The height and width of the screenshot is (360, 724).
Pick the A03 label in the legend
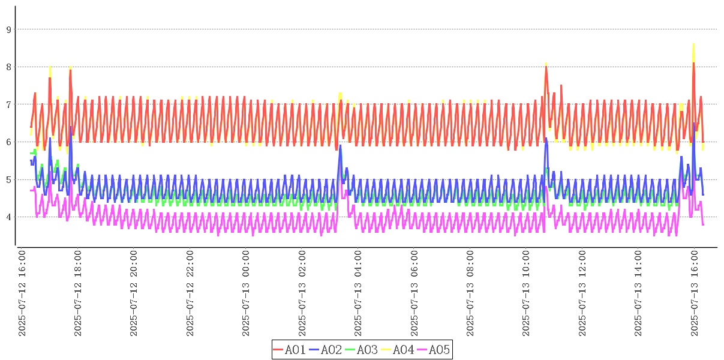(362, 349)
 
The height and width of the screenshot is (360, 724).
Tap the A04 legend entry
(398, 349)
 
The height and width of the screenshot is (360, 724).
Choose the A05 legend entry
(434, 349)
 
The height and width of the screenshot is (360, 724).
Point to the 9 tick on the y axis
(8, 29)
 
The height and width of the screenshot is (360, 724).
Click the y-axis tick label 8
(8, 67)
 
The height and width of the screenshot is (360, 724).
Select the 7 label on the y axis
(8, 104)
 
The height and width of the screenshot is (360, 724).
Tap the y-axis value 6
(8, 142)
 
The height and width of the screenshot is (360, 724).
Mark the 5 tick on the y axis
(8, 179)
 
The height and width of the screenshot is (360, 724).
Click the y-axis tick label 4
(8, 217)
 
